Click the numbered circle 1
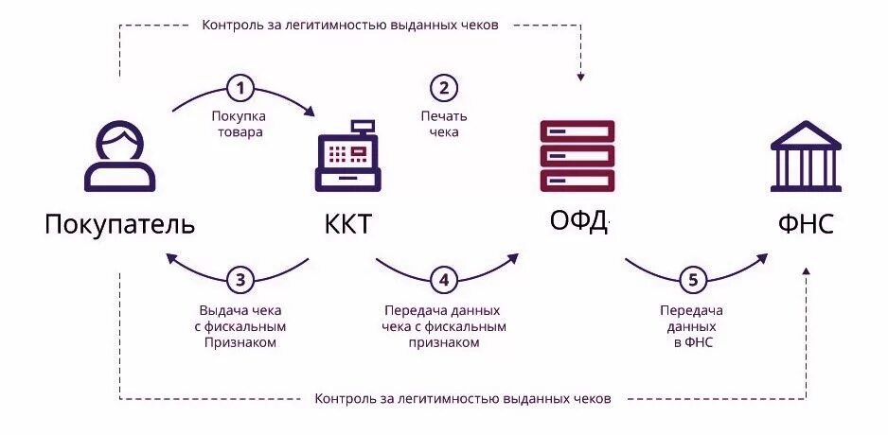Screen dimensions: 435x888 click(241, 89)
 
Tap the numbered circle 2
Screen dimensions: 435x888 click(444, 89)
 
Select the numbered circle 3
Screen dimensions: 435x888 click(240, 279)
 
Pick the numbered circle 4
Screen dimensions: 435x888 click(444, 280)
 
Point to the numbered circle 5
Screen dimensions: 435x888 click(692, 280)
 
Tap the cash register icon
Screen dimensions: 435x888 click(347, 157)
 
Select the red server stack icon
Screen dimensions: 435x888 click(577, 156)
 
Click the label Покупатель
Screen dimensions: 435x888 click(119, 224)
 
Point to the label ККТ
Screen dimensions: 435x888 click(347, 225)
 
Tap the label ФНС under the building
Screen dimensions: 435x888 click(806, 225)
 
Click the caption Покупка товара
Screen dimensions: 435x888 click(238, 124)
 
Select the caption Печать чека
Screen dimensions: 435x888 click(444, 124)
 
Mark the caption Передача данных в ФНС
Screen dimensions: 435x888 click(691, 326)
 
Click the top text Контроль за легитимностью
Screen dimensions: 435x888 click(350, 25)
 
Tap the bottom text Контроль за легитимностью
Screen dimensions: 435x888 click(463, 398)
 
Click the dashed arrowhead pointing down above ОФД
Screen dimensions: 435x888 click(581, 74)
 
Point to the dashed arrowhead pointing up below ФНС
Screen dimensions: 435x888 click(806, 272)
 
